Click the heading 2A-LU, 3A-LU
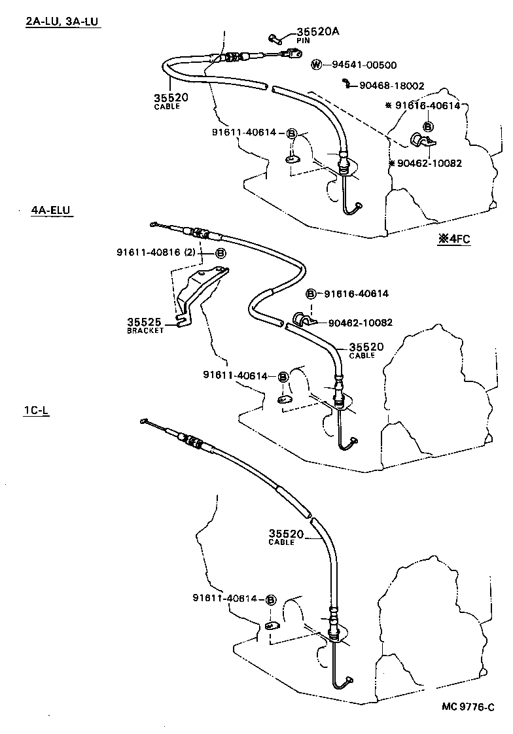tap(63, 22)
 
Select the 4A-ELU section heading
tap(50, 211)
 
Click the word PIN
tap(303, 41)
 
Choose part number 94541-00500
tap(364, 65)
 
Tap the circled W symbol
tap(317, 65)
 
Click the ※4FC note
tap(454, 239)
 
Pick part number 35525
tap(145, 322)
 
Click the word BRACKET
tap(145, 330)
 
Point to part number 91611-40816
tap(154, 253)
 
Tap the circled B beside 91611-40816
tap(221, 253)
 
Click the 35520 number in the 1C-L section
tap(286, 534)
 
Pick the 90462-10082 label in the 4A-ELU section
tap(360, 322)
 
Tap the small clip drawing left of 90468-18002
tap(345, 82)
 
